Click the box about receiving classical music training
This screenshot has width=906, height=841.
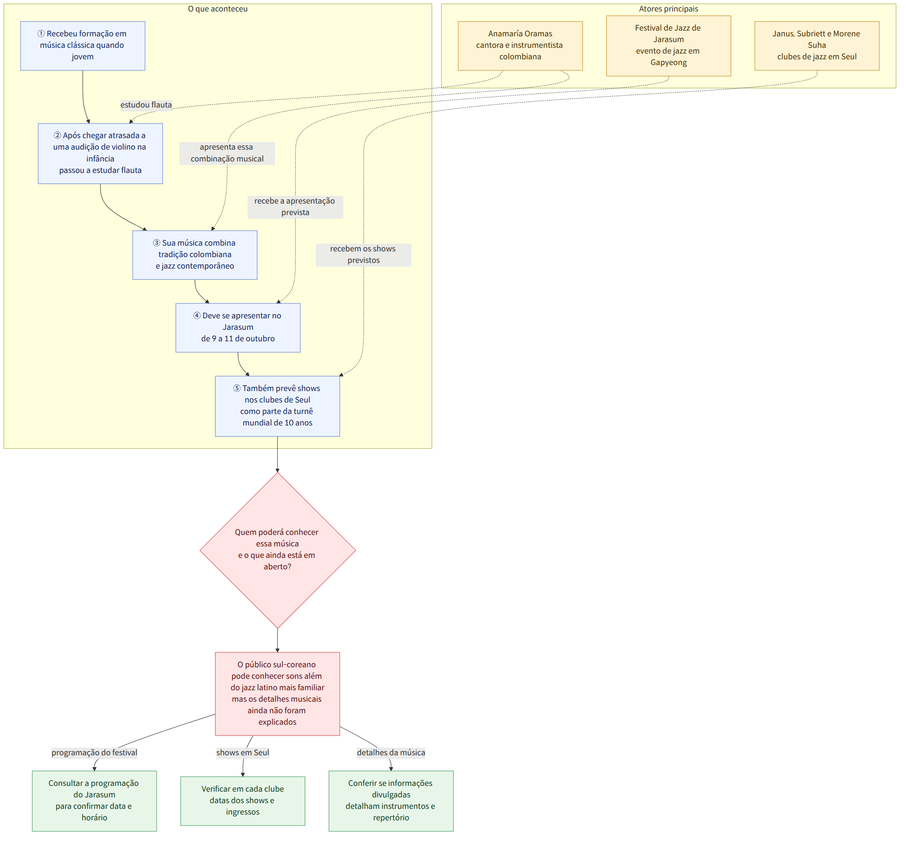[82, 46]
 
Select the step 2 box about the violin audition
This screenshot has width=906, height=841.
[100, 153]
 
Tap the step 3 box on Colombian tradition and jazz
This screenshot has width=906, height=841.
[195, 255]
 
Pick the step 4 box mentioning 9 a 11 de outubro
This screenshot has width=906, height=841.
[238, 328]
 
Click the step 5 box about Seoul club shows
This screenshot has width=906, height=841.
[277, 406]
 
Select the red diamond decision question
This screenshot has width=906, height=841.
[278, 550]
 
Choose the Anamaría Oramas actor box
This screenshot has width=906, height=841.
[520, 46]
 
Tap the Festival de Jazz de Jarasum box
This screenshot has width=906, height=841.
[668, 46]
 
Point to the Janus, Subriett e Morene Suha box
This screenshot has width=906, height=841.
[817, 46]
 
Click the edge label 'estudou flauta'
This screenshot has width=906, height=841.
[146, 105]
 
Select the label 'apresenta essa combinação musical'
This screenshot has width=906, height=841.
[227, 153]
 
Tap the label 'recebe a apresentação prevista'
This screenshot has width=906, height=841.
[295, 207]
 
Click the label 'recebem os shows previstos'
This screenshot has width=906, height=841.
[363, 254]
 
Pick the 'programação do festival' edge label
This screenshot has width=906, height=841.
[94, 752]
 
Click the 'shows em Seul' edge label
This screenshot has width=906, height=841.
[243, 752]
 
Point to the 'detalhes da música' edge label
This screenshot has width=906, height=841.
[391, 752]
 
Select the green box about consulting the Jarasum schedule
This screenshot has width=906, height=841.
[94, 800]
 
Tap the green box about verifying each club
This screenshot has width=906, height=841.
[243, 800]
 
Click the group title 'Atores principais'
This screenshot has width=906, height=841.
[668, 9]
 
